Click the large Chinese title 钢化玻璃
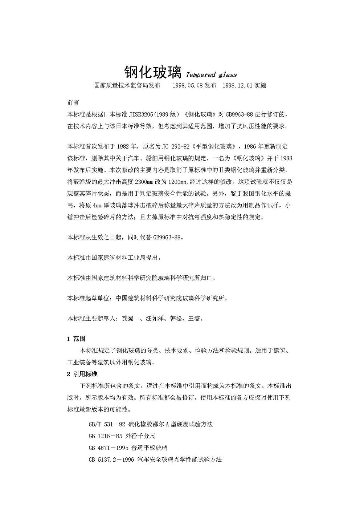152,72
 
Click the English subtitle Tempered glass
211,75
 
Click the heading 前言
73,103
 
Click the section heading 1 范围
76,339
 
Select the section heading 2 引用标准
82,374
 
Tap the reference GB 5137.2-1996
111,459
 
